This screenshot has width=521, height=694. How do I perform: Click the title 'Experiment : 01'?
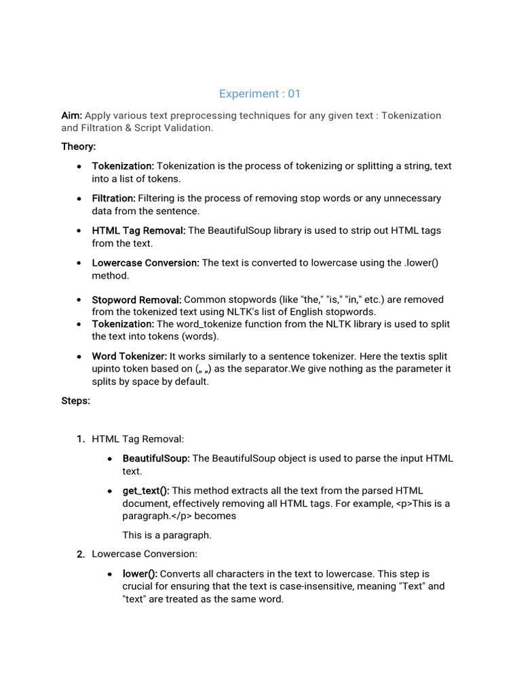[x=260, y=94]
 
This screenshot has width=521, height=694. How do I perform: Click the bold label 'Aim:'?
[x=71, y=115]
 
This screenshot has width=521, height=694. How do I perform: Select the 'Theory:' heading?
[x=79, y=146]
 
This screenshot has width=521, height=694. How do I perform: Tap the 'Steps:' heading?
[x=76, y=401]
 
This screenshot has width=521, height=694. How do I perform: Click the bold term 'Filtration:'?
[x=114, y=199]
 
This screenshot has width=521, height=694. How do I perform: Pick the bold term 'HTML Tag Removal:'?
[x=138, y=230]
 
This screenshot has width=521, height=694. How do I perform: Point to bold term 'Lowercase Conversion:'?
[x=146, y=263]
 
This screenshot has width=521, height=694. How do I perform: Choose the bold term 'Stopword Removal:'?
[x=136, y=300]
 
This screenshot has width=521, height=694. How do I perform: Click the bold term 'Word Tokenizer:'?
[x=130, y=356]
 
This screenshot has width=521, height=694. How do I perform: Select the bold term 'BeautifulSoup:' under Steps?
[x=156, y=459]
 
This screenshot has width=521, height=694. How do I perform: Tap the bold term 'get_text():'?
[x=146, y=491]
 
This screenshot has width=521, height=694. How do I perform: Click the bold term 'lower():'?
[x=140, y=574]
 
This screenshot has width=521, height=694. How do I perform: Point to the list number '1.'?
[x=81, y=440]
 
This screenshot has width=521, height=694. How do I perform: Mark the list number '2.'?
[x=81, y=554]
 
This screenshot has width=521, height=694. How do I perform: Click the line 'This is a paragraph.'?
[x=167, y=535]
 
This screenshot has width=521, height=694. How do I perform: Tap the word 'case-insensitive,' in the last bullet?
[x=260, y=586]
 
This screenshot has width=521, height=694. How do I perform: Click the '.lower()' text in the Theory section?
[x=421, y=263]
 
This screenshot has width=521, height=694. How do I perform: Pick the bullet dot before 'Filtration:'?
[x=80, y=199]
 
